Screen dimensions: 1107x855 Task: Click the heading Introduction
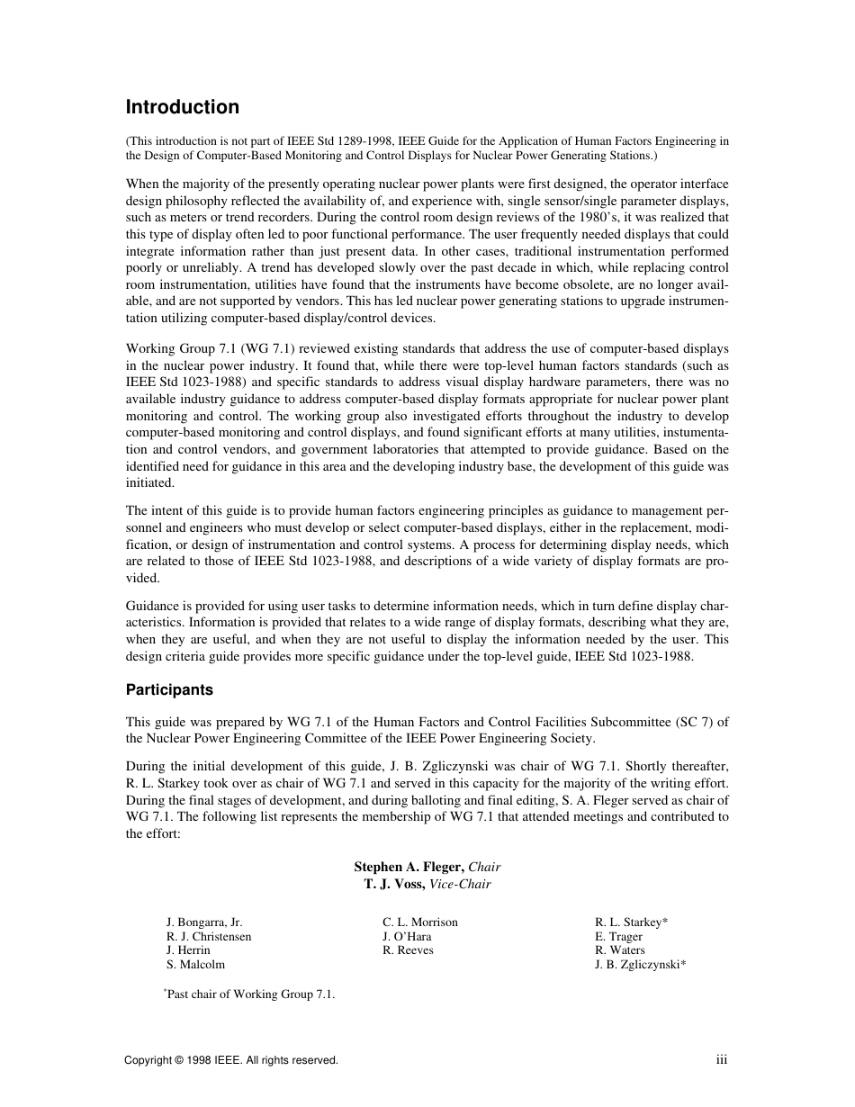click(182, 107)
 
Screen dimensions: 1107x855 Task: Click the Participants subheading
click(169, 690)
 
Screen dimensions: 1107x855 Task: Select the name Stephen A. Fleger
click(409, 867)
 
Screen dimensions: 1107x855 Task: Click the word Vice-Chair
click(461, 885)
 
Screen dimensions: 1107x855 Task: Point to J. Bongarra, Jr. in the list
click(204, 922)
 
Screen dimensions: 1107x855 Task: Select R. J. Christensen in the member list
click(209, 937)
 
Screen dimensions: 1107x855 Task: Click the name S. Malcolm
click(195, 964)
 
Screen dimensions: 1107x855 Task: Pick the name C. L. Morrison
click(420, 922)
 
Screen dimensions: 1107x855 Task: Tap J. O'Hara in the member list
click(407, 937)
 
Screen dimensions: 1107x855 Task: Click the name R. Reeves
click(408, 950)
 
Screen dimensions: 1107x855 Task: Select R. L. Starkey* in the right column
click(631, 922)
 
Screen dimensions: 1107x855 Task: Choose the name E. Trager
click(618, 937)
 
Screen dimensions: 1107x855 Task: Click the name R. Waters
click(619, 950)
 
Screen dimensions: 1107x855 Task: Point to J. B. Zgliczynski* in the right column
click(640, 964)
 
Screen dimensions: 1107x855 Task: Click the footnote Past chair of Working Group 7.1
click(250, 994)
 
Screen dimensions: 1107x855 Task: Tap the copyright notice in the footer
click(231, 1061)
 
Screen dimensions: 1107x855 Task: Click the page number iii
click(722, 1060)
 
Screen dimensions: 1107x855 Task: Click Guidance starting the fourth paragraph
click(150, 607)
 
